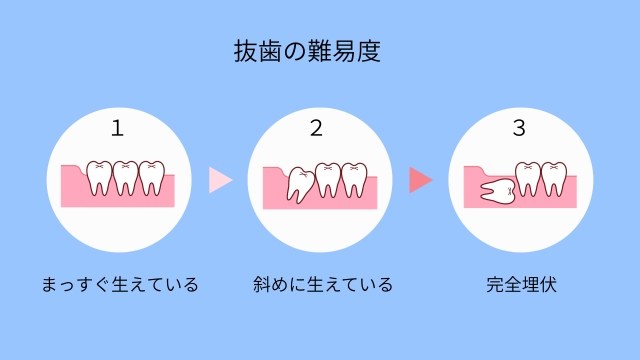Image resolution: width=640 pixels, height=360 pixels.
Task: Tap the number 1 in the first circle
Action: tap(118, 129)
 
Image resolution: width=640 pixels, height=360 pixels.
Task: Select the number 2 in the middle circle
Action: tap(317, 129)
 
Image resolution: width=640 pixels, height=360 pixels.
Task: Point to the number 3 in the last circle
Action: tap(518, 129)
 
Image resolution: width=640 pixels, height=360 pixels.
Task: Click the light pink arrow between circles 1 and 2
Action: tap(220, 180)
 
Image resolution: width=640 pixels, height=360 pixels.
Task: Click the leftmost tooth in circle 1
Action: tap(99, 177)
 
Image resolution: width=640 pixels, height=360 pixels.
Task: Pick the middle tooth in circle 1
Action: tap(125, 177)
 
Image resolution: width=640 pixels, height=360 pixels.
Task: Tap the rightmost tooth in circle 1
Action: tap(150, 177)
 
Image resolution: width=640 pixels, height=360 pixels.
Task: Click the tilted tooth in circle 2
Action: tap(299, 183)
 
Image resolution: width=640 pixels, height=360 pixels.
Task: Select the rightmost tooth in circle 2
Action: tap(352, 178)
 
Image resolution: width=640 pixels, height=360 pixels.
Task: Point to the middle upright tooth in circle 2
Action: tap(327, 178)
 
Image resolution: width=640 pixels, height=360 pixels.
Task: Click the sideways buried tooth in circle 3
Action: tap(496, 191)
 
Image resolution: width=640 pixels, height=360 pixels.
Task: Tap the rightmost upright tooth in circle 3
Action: tap(553, 178)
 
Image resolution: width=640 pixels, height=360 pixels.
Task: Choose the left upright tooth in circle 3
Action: tap(527, 177)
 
